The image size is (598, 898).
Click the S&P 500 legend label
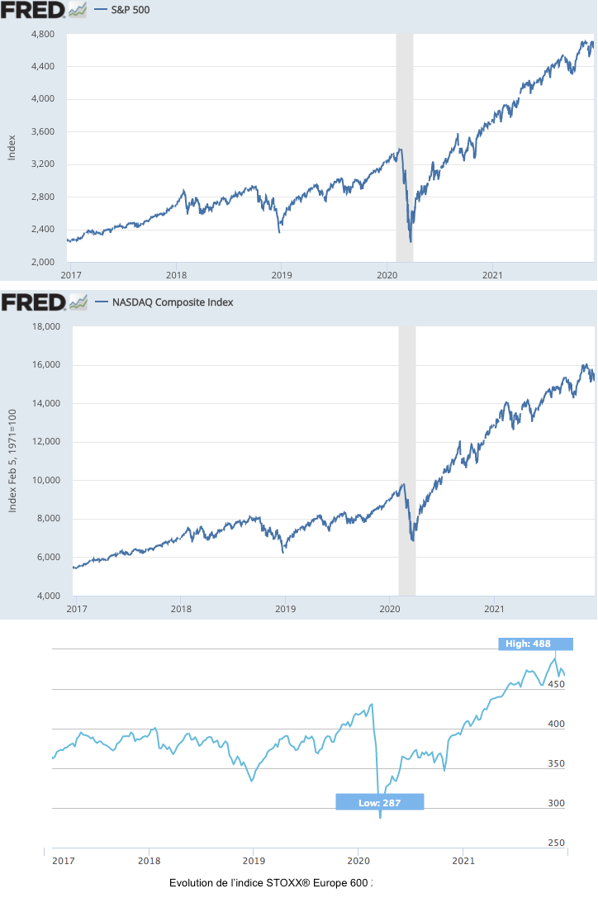click(x=130, y=11)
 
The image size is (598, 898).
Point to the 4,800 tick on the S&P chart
click(x=42, y=34)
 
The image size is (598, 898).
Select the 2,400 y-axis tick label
click(x=42, y=230)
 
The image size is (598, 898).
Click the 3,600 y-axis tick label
click(x=42, y=132)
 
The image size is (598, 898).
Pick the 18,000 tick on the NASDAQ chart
click(x=45, y=326)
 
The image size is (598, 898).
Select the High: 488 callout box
click(x=535, y=644)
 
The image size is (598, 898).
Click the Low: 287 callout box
click(x=380, y=802)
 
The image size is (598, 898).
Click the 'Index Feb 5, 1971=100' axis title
click(x=12, y=460)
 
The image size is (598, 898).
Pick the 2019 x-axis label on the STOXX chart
click(x=254, y=860)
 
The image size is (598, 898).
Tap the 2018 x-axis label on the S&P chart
click(x=175, y=274)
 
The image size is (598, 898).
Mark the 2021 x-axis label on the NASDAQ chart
click(x=494, y=609)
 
